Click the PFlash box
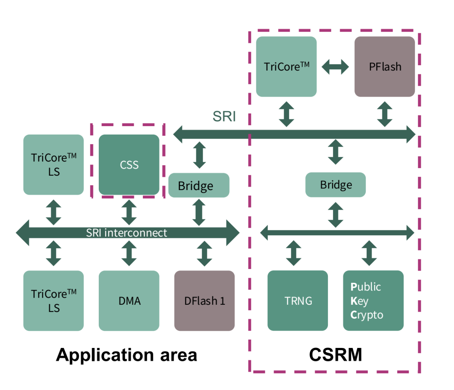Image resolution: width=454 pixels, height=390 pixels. point(385,66)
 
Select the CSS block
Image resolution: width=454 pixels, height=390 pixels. point(129,164)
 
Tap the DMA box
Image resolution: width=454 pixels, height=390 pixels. point(129,300)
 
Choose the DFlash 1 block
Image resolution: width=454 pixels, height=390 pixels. point(204,300)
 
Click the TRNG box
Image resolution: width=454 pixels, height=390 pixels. point(298,300)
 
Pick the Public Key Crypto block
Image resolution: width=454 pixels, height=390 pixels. point(373,300)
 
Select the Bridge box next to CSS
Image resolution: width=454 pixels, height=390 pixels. point(199,185)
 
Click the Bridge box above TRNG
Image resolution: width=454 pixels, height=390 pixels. point(335,184)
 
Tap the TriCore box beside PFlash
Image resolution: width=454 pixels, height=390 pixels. point(286,66)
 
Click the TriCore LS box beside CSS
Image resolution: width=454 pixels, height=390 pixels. point(53,164)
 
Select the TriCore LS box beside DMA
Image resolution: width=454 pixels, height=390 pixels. point(53,300)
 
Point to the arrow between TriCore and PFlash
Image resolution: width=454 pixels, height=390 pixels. point(335,66)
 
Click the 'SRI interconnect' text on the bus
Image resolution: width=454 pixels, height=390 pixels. point(127,232)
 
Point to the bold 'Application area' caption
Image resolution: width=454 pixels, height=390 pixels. point(127,355)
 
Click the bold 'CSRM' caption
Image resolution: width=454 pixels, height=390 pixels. point(335,355)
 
